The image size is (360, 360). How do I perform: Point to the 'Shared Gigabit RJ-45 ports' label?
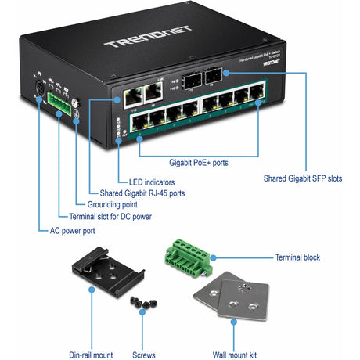click(x=143, y=193)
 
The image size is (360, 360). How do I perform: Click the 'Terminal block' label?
click(x=297, y=257)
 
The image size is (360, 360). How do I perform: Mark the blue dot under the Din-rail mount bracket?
click(x=92, y=289)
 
